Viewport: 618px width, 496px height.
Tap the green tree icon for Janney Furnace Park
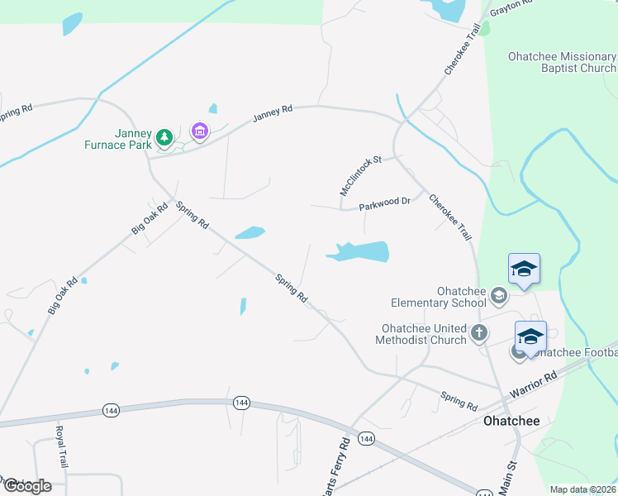(x=164, y=136)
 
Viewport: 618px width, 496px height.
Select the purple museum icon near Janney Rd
(x=198, y=131)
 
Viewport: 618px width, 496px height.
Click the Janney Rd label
(x=273, y=114)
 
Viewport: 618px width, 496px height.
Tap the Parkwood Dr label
(x=386, y=203)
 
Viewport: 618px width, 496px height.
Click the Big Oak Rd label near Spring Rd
(x=150, y=218)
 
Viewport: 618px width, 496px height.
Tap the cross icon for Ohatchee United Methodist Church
(x=479, y=334)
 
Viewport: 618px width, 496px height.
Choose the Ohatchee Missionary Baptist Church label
(x=562, y=62)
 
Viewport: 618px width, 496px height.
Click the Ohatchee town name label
(x=511, y=421)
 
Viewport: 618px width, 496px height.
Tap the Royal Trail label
(x=60, y=445)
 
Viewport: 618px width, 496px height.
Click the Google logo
(x=26, y=485)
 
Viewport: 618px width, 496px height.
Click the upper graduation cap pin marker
(x=524, y=269)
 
